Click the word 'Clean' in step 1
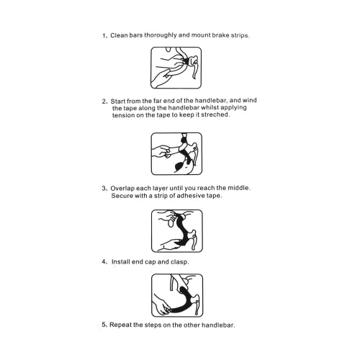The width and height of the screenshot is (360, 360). [x=119, y=35]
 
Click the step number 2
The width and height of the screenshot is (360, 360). [x=104, y=102]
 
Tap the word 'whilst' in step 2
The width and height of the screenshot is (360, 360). [x=210, y=108]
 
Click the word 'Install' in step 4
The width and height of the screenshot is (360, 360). [x=121, y=261]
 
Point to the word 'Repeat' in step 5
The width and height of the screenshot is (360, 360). [x=120, y=325]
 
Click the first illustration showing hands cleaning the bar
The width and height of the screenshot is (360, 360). [x=176, y=68]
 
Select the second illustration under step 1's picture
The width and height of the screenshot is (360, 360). [x=176, y=153]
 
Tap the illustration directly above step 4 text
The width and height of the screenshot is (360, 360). [x=177, y=231]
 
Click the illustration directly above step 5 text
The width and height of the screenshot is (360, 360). [x=177, y=295]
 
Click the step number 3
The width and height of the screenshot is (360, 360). [x=104, y=189]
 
